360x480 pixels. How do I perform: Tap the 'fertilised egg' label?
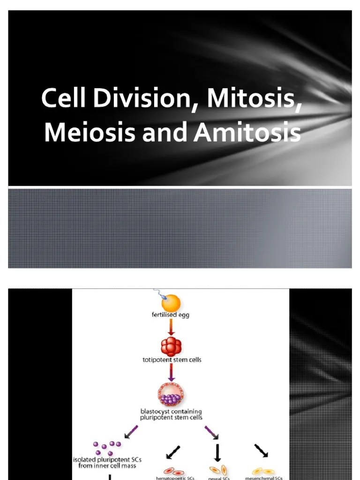[171, 316]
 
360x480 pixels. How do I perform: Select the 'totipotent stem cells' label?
[171, 360]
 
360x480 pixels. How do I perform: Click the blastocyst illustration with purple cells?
[172, 395]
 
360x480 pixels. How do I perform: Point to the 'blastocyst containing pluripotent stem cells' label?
[171, 414]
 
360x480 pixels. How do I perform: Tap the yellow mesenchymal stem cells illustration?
[263, 471]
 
